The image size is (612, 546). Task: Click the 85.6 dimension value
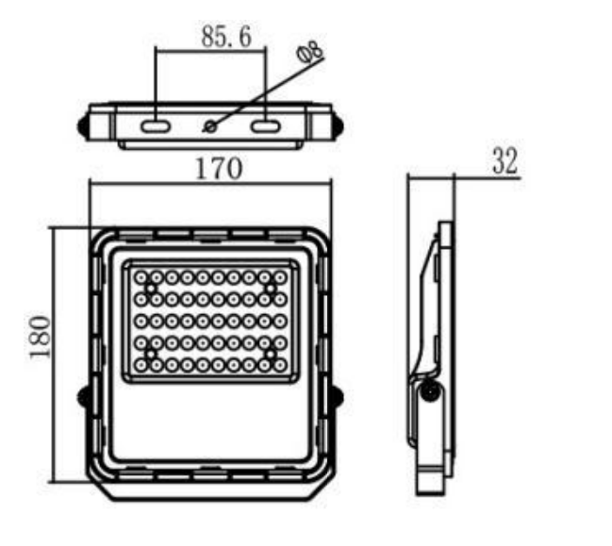(x=226, y=37)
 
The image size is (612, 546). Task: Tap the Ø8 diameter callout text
(x=310, y=52)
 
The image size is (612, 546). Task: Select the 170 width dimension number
(x=219, y=169)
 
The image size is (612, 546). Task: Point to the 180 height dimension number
(x=41, y=337)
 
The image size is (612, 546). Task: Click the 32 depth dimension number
(x=504, y=161)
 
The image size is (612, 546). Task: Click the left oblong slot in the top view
(x=156, y=126)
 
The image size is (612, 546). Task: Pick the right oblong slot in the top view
(x=265, y=126)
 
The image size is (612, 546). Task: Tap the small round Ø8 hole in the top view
(x=211, y=126)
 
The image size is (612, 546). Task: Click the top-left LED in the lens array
(x=141, y=278)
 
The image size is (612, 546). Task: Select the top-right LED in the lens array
(x=280, y=278)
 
